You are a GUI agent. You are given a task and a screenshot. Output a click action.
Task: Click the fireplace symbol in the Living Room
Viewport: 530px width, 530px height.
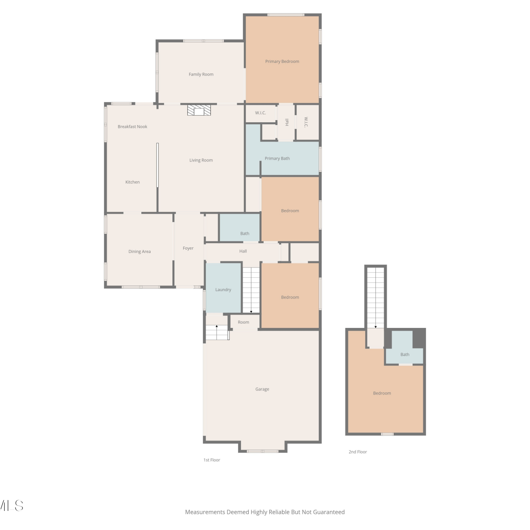tap(199, 110)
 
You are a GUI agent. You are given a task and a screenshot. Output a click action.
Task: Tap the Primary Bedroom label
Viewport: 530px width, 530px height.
tap(282, 61)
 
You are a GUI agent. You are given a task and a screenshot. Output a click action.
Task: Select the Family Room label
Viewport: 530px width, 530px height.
tap(201, 75)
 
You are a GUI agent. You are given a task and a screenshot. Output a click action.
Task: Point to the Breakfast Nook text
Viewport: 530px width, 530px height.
tap(132, 126)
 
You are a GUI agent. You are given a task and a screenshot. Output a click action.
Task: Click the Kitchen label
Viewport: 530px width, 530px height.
tap(132, 182)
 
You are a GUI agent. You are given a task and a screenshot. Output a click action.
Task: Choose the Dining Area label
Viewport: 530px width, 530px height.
tap(140, 252)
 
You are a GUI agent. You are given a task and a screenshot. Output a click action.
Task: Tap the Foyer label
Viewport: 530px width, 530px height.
tap(188, 248)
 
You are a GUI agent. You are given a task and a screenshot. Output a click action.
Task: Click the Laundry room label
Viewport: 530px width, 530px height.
tap(223, 290)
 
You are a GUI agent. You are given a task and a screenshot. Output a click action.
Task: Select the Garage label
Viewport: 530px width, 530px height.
tap(262, 389)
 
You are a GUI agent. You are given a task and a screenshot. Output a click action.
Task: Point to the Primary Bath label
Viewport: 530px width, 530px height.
tap(277, 159)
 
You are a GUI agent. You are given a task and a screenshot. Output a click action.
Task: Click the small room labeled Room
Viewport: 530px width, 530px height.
tap(243, 322)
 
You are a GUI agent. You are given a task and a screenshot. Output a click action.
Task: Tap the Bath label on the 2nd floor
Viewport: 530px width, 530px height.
tap(405, 354)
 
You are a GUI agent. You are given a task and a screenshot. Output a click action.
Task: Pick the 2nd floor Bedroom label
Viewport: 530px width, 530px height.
tap(382, 393)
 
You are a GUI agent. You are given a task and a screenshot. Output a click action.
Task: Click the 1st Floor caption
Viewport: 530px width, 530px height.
tap(212, 460)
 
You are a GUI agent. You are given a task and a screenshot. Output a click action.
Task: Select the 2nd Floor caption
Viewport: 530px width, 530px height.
tap(358, 452)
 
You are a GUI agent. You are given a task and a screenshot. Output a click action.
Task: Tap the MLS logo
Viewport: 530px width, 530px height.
tap(11, 506)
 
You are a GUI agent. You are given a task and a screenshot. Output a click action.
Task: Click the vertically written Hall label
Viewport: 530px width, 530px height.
tap(287, 122)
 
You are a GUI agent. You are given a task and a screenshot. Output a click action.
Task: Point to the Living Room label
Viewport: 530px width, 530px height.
tap(201, 160)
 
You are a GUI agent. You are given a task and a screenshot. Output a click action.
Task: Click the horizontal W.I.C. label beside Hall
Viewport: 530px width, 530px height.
tap(260, 113)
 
